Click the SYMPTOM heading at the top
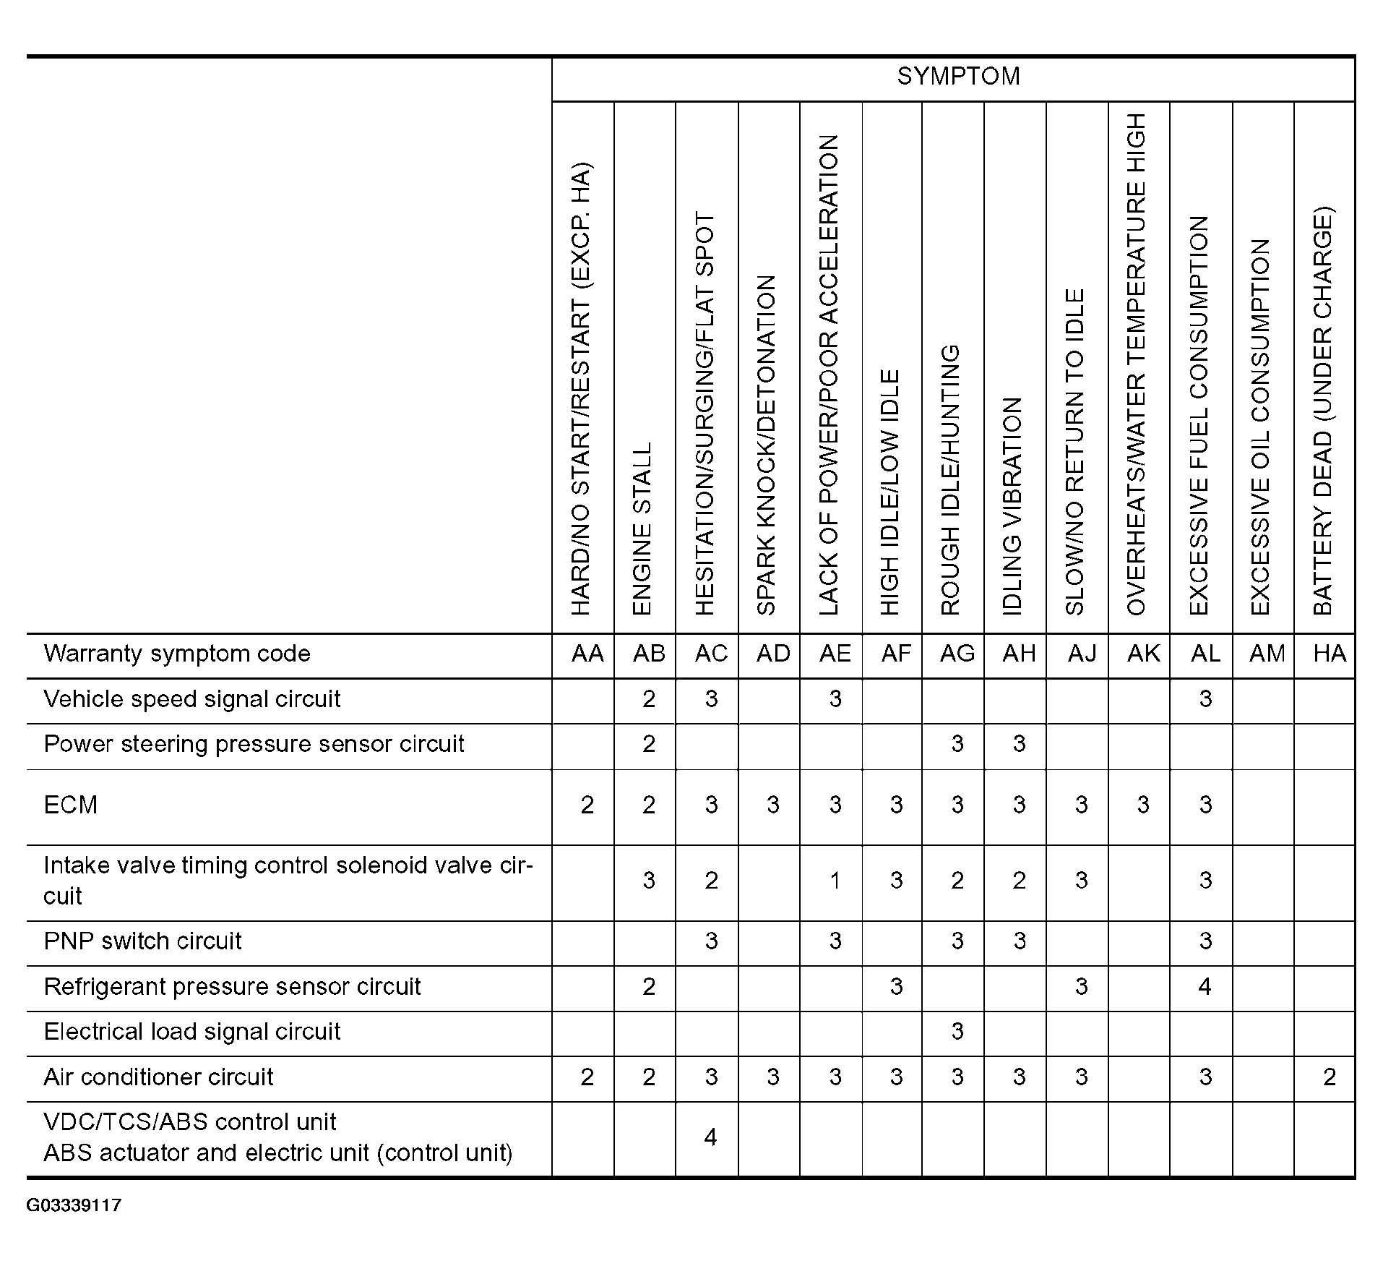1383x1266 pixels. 958,77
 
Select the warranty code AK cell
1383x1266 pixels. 1143,654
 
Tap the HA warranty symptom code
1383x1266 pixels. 1330,654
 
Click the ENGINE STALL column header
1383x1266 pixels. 642,529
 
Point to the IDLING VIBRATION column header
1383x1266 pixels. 1013,506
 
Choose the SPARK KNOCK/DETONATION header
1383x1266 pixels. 767,445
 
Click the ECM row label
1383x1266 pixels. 71,805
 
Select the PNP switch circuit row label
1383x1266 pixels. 142,941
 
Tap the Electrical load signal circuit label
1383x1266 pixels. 191,1031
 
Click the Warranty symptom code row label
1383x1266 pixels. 177,654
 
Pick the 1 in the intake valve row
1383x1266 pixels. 835,881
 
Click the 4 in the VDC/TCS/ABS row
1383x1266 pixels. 710,1137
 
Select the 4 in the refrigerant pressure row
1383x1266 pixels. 1205,986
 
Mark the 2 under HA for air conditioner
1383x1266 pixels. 1330,1077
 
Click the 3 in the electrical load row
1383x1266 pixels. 957,1031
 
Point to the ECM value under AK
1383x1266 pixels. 1143,805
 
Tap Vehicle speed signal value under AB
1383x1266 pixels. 649,699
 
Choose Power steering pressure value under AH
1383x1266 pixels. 1019,744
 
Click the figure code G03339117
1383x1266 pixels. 74,1205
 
